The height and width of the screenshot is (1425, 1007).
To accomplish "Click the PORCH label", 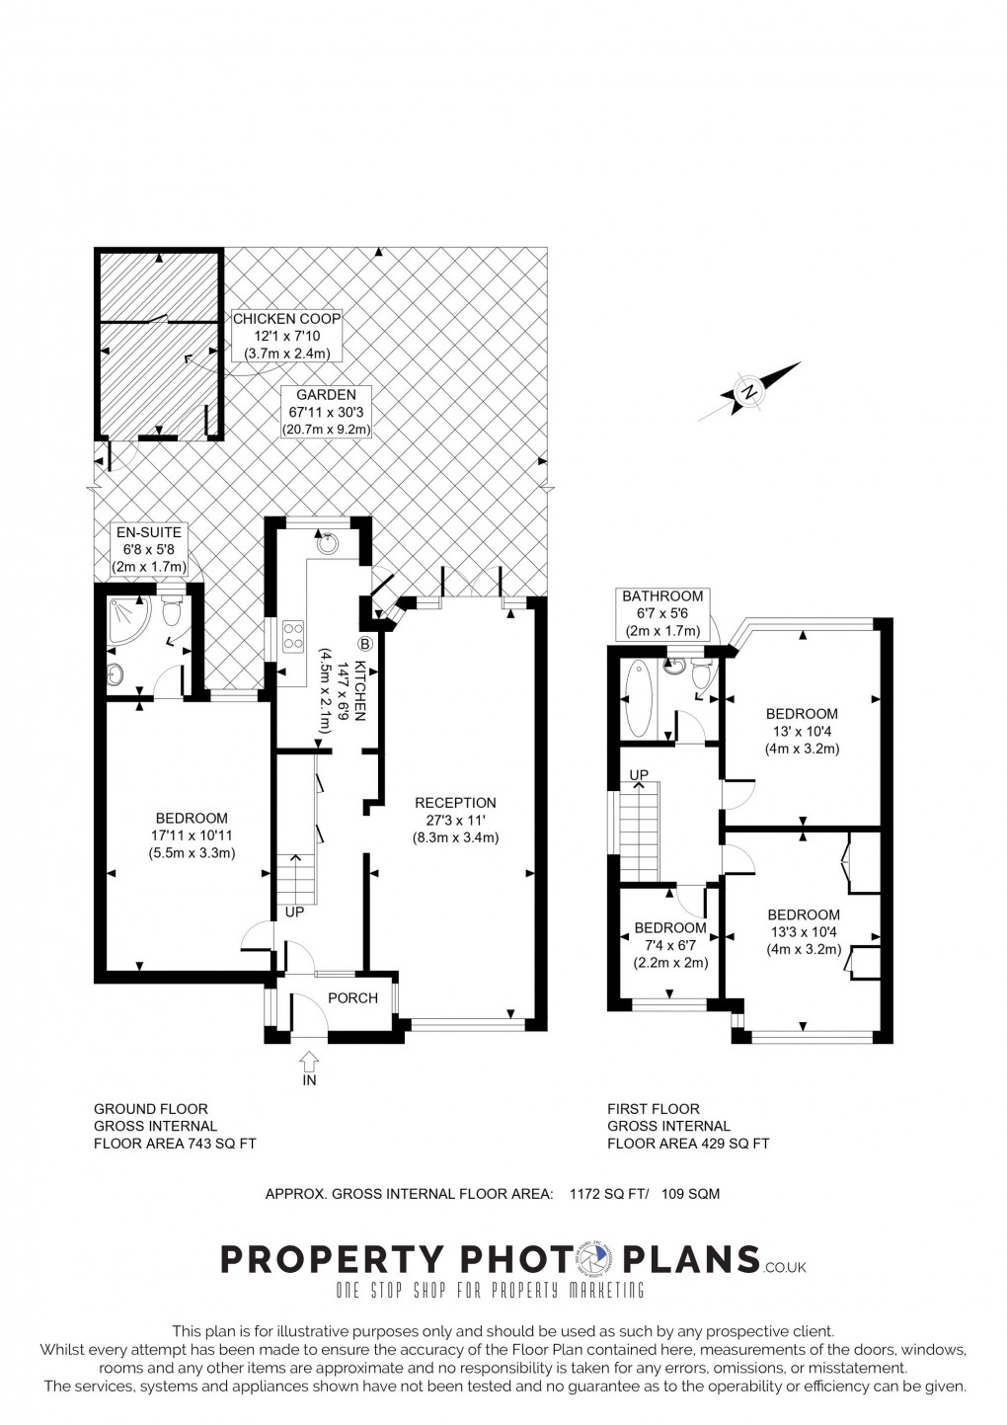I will pyautogui.click(x=352, y=997).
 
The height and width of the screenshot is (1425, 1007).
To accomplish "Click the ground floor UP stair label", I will pyautogui.click(x=294, y=912).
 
